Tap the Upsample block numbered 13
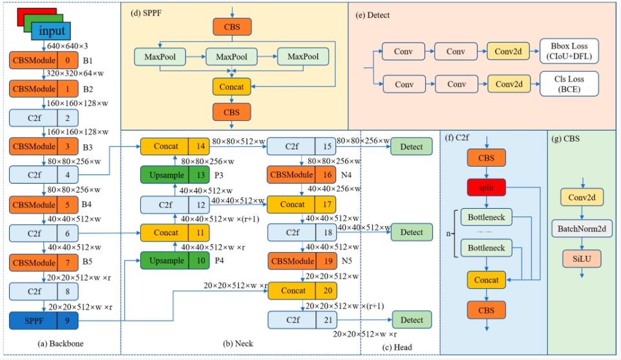tap(175, 175)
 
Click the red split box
tap(486, 187)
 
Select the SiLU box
tap(582, 259)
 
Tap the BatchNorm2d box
tap(582, 228)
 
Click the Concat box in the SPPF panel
tap(231, 85)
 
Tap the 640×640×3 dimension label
tap(67, 47)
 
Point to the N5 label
tap(348, 262)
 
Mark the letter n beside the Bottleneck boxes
tap(449, 231)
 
